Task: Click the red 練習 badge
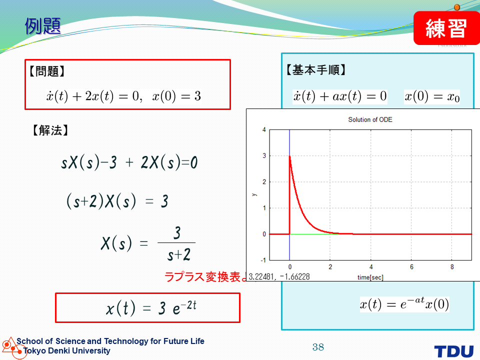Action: point(446,28)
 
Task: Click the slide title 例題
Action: point(43,26)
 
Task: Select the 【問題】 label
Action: point(47,71)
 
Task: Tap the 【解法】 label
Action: point(50,130)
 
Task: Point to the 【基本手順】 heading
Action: point(316,70)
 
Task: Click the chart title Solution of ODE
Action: point(370,119)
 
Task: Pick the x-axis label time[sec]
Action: point(370,277)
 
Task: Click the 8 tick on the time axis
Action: point(452,267)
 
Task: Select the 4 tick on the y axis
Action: point(264,130)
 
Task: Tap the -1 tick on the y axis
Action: point(263,260)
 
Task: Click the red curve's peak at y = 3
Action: point(289,156)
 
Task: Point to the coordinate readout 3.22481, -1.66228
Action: point(279,276)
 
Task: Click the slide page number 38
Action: point(318,347)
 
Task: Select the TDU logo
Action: point(453,351)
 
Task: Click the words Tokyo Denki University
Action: point(66,351)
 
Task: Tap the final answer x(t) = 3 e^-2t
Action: point(151,307)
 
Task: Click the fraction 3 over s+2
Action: point(177,243)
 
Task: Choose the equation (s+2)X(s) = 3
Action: point(117,201)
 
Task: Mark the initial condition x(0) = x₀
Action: point(432,96)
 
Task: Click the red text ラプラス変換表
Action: point(202,276)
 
